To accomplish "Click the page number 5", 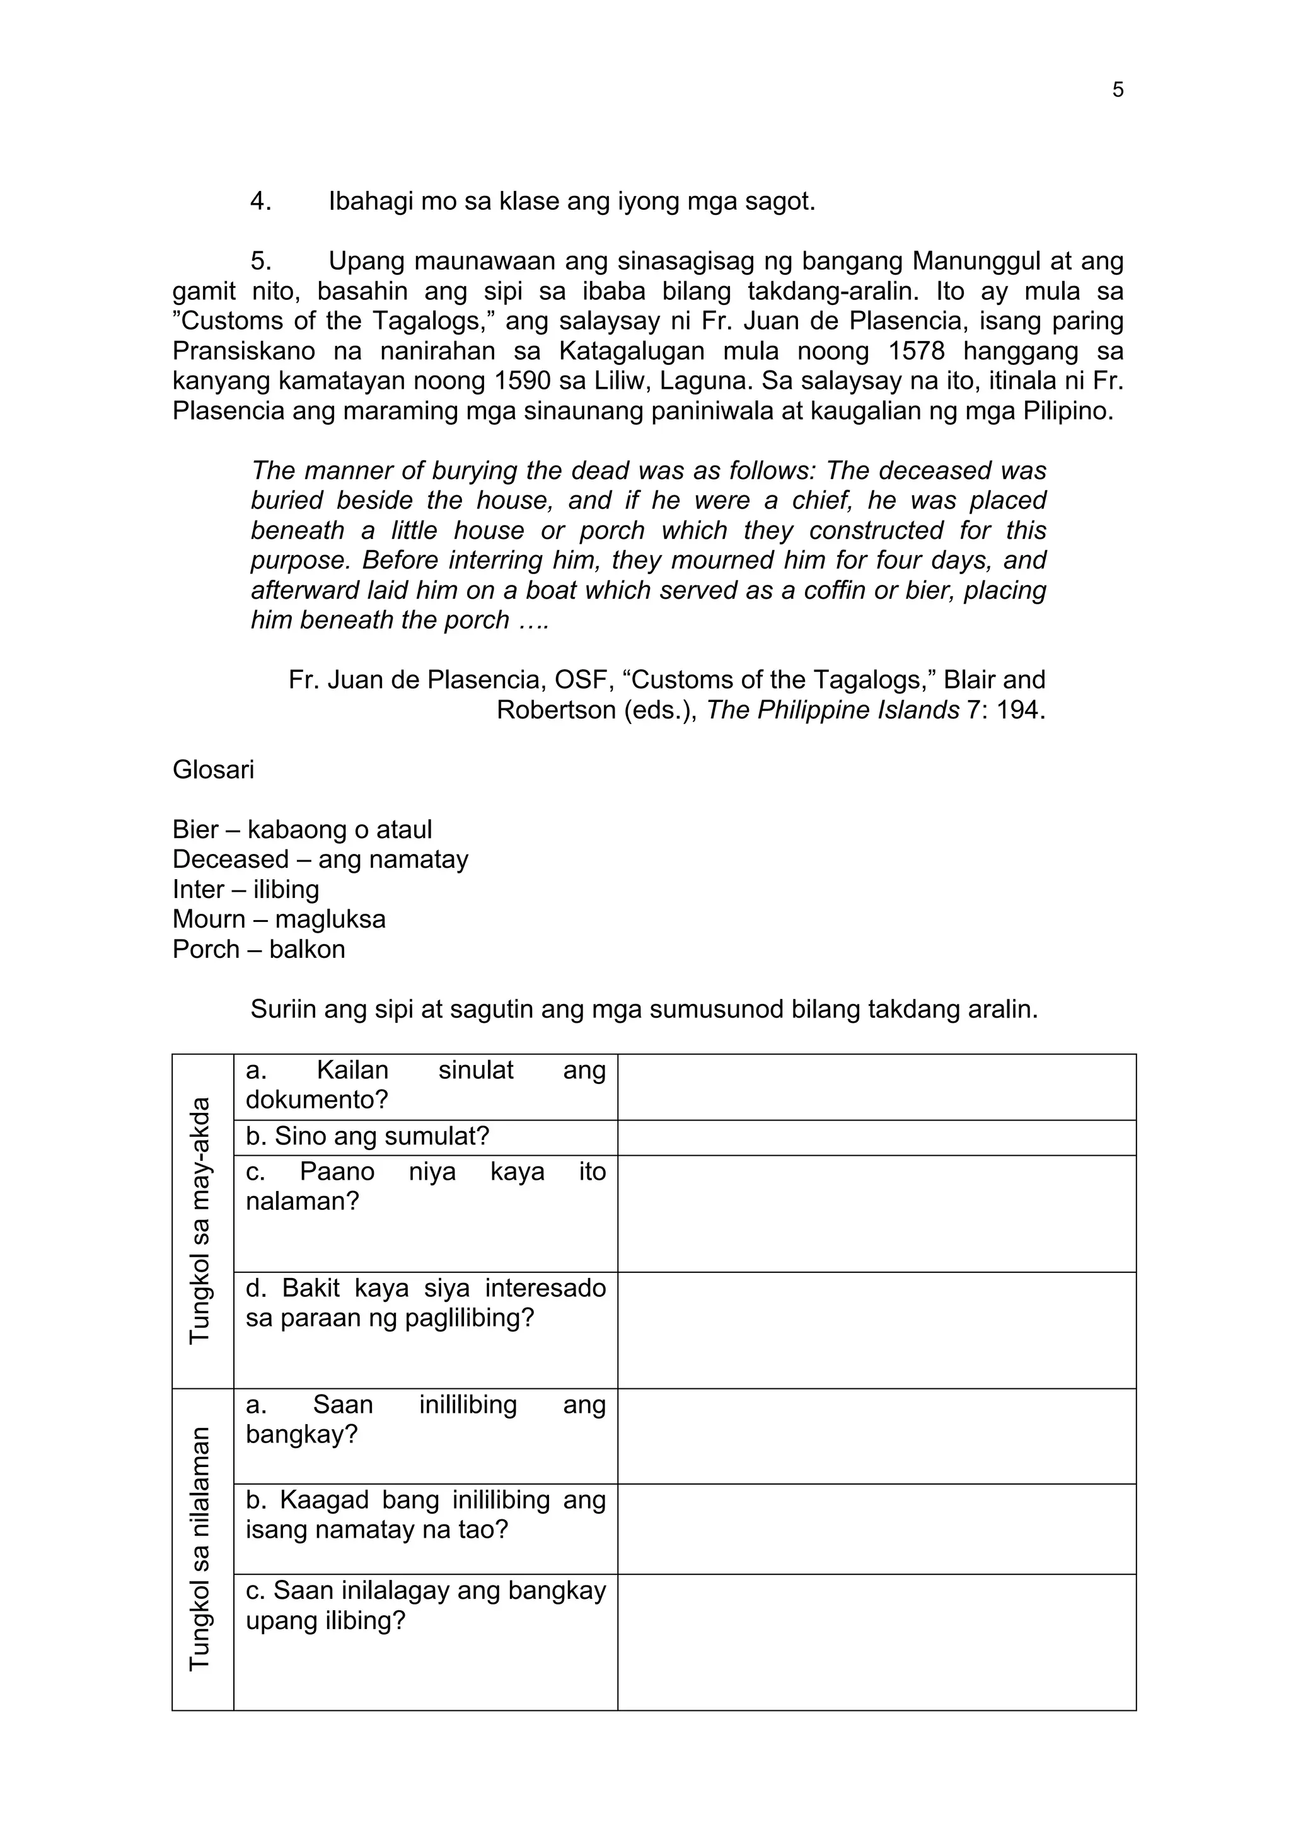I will coord(1117,90).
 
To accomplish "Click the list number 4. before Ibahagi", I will coord(261,201).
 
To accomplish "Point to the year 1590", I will coord(523,381).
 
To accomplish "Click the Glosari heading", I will coord(213,769).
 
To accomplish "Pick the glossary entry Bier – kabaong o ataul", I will coord(302,829).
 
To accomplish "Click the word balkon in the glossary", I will coord(307,949).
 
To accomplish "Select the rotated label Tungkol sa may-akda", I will coord(200,1220).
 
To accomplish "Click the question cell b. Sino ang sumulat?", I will coord(368,1136).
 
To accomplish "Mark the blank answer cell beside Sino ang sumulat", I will coord(876,1137).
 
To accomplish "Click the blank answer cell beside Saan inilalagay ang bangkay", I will coord(876,1642).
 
